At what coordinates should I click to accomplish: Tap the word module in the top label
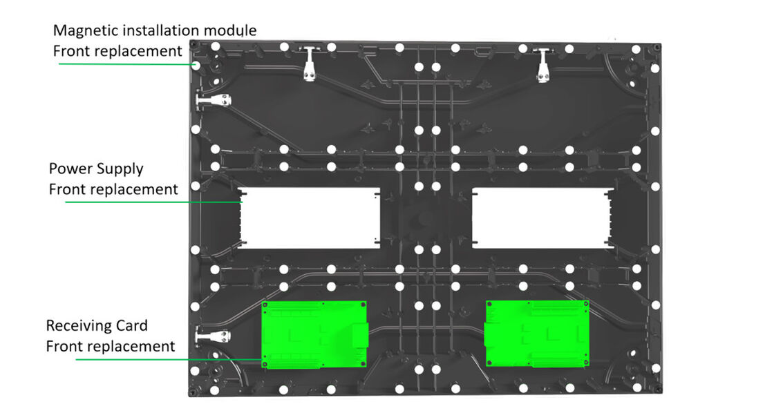coord(232,31)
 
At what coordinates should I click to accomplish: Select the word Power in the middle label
coord(67,169)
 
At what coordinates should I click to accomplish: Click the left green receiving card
coord(315,334)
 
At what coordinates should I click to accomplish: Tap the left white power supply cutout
coord(310,216)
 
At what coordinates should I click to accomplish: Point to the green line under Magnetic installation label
coord(124,64)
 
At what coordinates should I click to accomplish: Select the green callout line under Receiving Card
coord(166,359)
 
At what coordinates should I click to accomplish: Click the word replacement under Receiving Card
coord(132,346)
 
